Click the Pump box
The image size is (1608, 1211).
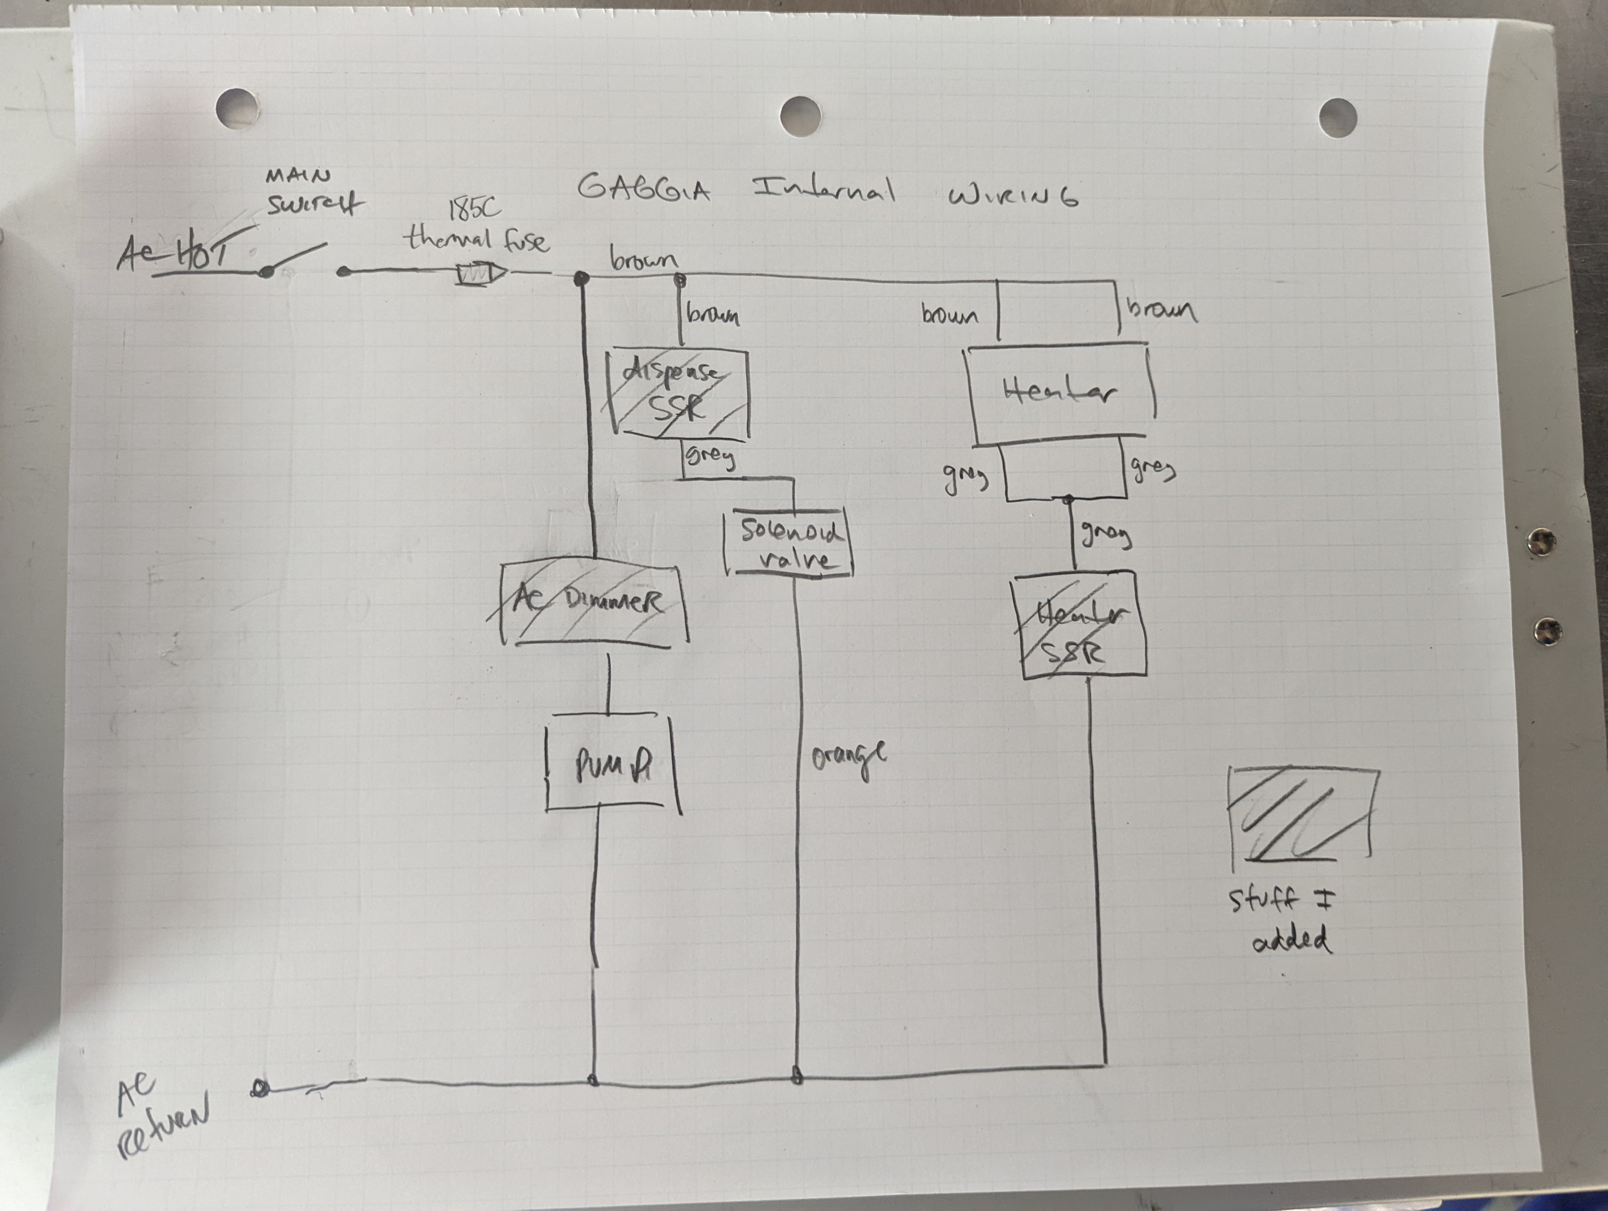click(x=612, y=763)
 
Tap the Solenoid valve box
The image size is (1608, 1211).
click(x=789, y=545)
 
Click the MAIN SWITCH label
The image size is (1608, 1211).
click(x=313, y=193)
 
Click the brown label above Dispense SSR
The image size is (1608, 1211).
click(x=713, y=315)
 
